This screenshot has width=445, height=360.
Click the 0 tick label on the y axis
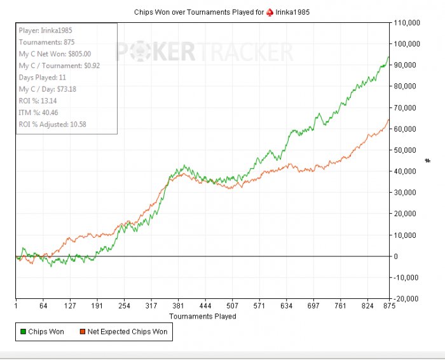[x=397, y=256]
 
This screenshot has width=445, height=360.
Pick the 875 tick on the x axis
[x=389, y=306]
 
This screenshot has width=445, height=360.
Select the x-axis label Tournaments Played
[x=202, y=316]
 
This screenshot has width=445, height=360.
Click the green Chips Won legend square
[x=23, y=331]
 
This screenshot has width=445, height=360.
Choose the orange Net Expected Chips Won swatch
[x=82, y=331]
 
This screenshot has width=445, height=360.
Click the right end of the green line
[x=389, y=57]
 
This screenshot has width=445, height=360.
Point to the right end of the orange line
[x=389, y=120]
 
